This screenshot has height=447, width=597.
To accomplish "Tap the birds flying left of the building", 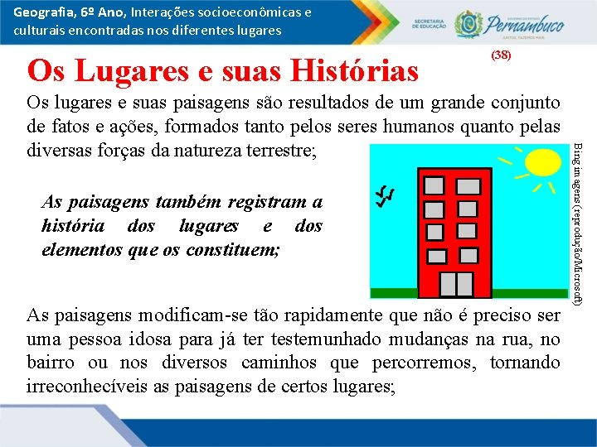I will [384, 195].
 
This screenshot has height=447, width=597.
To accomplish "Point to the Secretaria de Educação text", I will [430, 26].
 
